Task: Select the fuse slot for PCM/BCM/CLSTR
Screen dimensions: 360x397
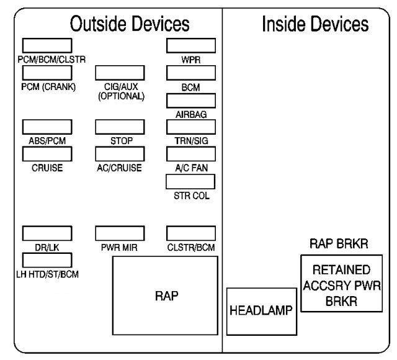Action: (x=47, y=46)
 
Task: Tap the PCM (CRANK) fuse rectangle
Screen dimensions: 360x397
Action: (x=47, y=73)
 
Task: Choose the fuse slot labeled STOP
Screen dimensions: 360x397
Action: (x=120, y=127)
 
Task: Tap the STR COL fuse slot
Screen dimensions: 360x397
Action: (x=190, y=181)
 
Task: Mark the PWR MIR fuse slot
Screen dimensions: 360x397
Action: (x=120, y=233)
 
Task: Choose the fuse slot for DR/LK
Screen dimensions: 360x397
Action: (x=47, y=233)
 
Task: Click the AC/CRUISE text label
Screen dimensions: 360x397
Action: (x=120, y=168)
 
